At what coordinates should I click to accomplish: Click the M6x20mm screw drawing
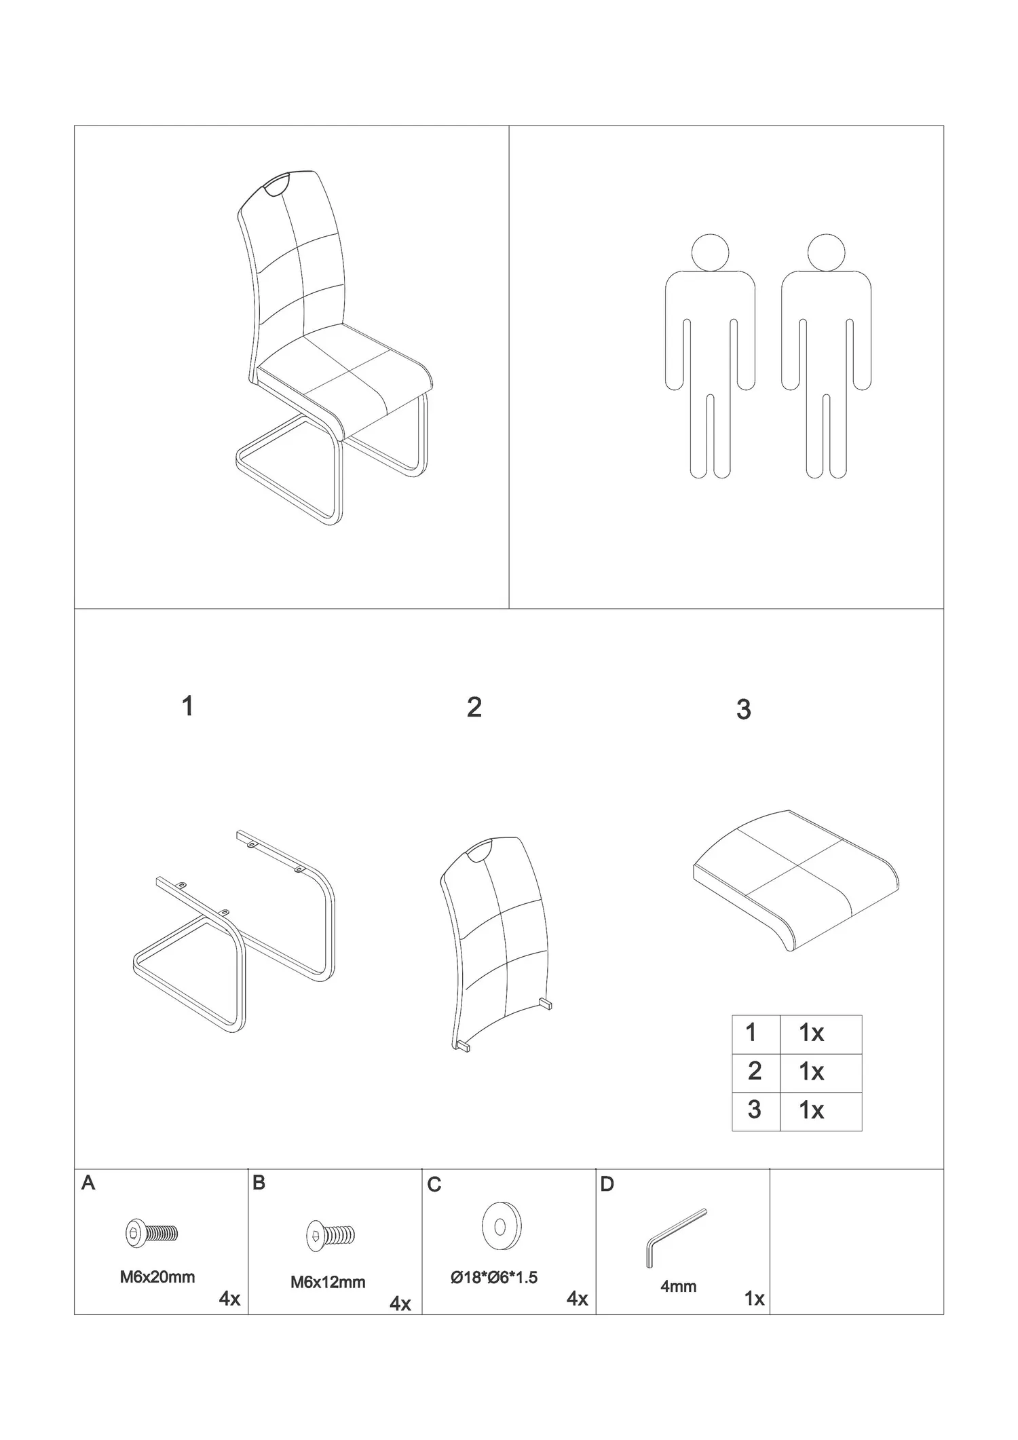(x=152, y=1233)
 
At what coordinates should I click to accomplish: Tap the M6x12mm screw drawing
(x=330, y=1234)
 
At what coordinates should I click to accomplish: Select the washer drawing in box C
(x=502, y=1228)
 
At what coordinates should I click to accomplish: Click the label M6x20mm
(x=157, y=1277)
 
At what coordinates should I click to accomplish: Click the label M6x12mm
(x=328, y=1283)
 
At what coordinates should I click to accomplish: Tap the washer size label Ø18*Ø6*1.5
(x=494, y=1278)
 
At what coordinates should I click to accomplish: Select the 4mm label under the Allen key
(x=679, y=1287)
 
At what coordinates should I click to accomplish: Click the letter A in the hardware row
(x=88, y=1183)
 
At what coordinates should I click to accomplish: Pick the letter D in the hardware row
(x=607, y=1185)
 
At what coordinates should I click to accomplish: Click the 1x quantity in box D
(x=755, y=1299)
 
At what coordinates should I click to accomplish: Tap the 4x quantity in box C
(x=578, y=1299)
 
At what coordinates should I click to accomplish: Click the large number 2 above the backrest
(x=474, y=707)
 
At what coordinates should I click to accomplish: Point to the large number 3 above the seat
(x=744, y=710)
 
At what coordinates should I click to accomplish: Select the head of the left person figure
(x=710, y=254)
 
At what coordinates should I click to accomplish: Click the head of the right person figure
(x=827, y=254)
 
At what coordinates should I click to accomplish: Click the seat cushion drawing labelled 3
(x=796, y=879)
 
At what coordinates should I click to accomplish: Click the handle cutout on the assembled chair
(x=276, y=185)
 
